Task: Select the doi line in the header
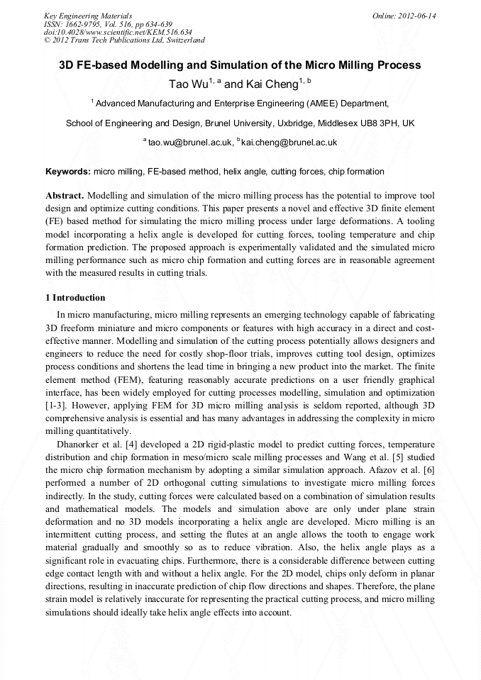click(x=118, y=32)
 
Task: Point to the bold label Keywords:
click(x=68, y=172)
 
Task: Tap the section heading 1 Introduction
click(x=75, y=298)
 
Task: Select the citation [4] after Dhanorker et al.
click(x=129, y=445)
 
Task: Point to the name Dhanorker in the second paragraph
click(x=79, y=445)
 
